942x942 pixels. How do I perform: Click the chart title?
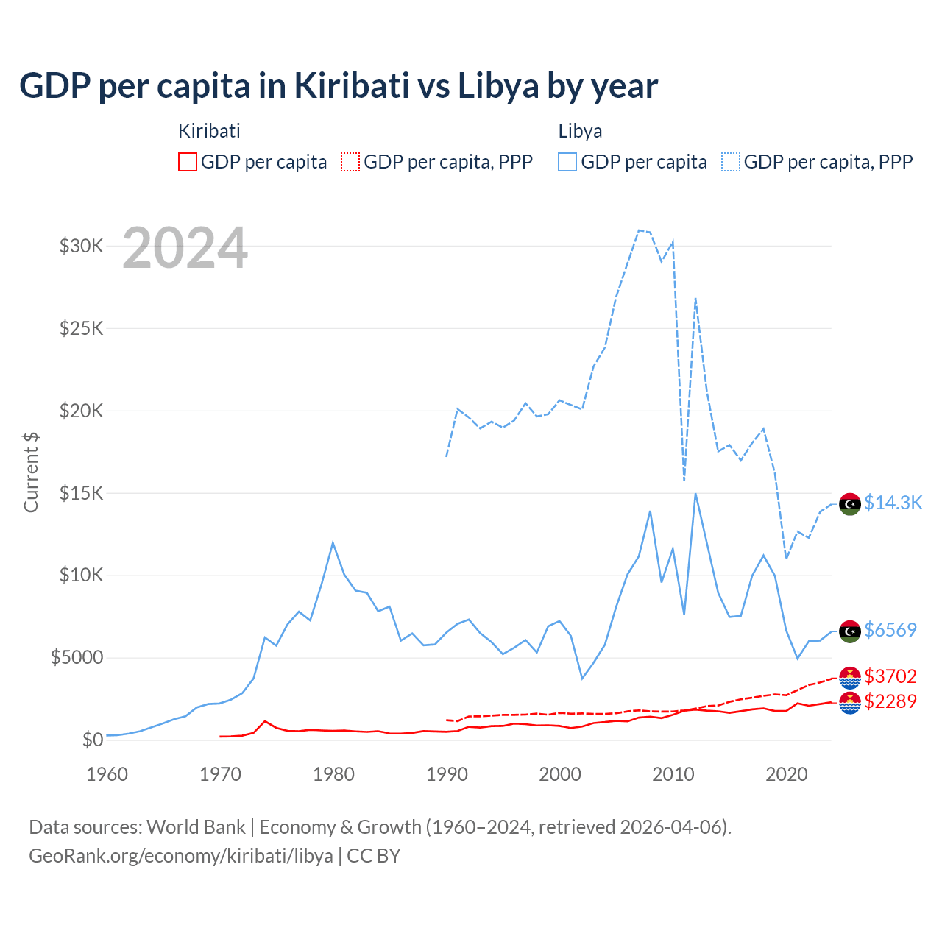pos(339,86)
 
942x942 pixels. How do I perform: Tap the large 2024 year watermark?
pos(185,248)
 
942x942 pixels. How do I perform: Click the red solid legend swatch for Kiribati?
pos(188,162)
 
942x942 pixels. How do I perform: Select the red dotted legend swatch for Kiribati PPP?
pos(350,162)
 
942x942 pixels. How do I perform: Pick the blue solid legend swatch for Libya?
pos(567,162)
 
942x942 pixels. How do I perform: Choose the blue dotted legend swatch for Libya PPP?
pos(731,162)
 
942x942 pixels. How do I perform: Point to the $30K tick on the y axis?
pos(82,246)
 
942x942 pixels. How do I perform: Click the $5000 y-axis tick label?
pos(77,657)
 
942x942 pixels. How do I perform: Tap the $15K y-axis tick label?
pos(82,493)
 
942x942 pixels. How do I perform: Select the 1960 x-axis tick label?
pos(107,774)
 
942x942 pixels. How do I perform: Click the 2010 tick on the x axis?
pos(673,774)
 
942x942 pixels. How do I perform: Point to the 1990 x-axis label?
pos(447,774)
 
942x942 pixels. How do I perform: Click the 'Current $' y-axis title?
pos(31,472)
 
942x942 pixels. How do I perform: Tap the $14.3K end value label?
pos(893,503)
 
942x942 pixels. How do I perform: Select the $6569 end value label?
pos(890,630)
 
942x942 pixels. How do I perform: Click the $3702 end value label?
pos(890,676)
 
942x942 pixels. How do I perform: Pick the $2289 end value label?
pos(890,701)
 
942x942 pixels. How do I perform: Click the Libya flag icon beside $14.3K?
pos(850,504)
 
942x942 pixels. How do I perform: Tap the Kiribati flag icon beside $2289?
pos(850,703)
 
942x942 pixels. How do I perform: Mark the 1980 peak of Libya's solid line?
pos(333,542)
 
